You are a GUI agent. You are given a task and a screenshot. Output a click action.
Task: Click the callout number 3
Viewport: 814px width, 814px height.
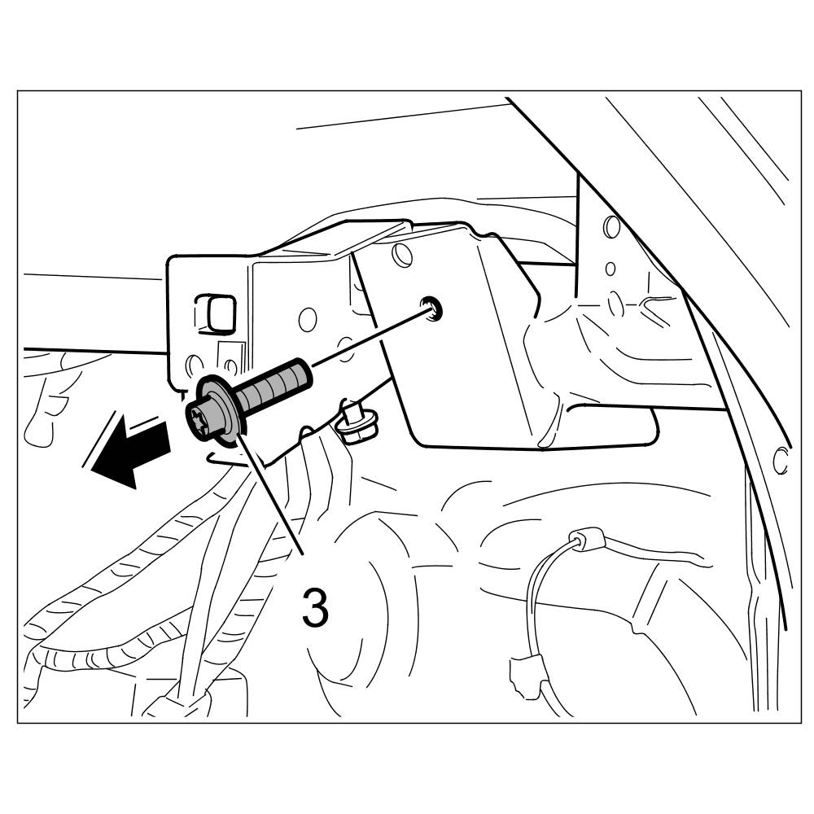[316, 607]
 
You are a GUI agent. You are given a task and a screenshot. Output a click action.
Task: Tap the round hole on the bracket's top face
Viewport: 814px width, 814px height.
[400, 254]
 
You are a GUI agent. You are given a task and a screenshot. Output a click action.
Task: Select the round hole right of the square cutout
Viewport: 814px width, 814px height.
[308, 318]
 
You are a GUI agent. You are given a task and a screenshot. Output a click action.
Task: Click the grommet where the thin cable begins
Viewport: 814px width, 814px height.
[582, 539]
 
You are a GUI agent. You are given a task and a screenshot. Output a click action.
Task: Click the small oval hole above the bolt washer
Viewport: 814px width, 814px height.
[192, 363]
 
